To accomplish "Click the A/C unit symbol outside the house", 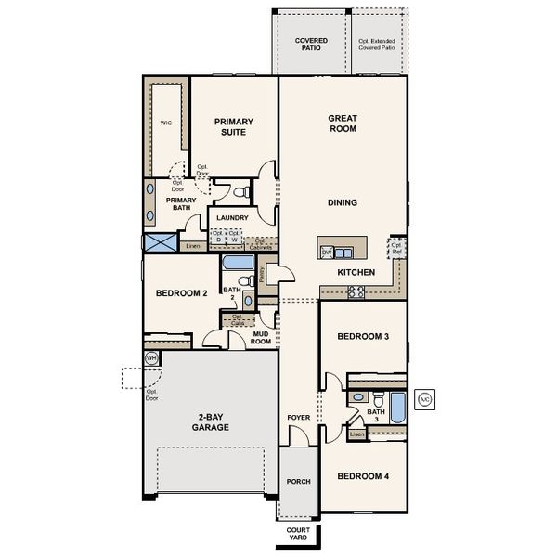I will [x=425, y=399].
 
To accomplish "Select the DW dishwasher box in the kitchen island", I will [x=327, y=252].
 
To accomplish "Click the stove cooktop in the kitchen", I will [x=356, y=292].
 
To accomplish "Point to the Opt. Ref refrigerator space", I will [x=396, y=249].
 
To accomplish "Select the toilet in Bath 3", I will [x=357, y=397].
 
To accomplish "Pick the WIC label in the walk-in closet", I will [x=166, y=122].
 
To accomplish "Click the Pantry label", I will [x=263, y=274].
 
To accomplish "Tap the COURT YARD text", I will [x=298, y=535].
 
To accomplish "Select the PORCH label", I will [x=298, y=482].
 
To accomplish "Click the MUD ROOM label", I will [x=261, y=338].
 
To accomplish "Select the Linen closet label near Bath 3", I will [x=356, y=434].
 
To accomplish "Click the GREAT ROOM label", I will [x=343, y=123].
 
